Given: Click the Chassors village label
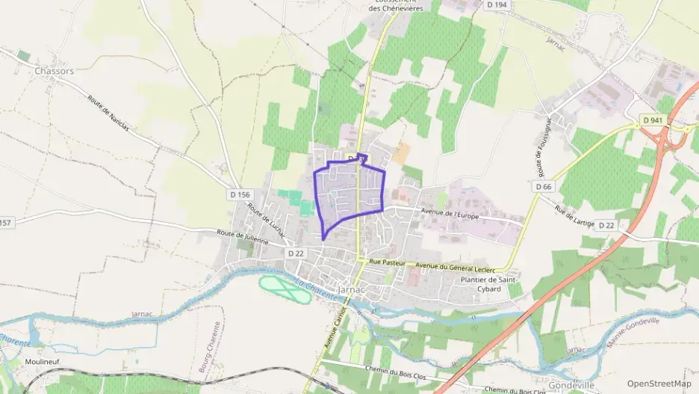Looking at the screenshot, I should click(x=54, y=71).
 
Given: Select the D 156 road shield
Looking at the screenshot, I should click(x=237, y=194).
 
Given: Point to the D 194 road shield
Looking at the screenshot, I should click(x=497, y=5).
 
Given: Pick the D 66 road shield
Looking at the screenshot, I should click(x=543, y=185).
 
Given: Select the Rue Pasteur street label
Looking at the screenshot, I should click(x=387, y=263).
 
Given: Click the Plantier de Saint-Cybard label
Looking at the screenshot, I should click(x=490, y=283).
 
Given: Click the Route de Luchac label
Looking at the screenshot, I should click(x=267, y=221).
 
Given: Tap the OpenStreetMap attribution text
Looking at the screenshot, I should click(x=659, y=384).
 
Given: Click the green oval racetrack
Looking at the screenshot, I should click(x=285, y=289).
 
